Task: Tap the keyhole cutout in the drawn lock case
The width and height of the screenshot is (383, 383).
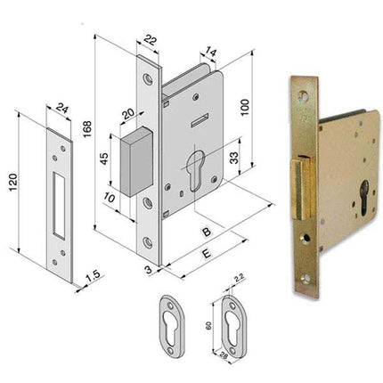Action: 197,167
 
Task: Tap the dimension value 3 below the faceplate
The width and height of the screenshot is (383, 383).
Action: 149,266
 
